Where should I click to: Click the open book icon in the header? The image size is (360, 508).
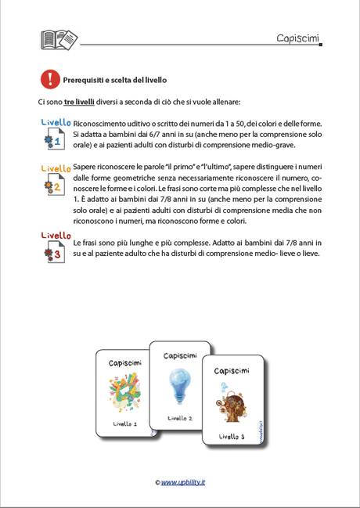tap(59, 39)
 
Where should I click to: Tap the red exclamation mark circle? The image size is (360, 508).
tap(50, 78)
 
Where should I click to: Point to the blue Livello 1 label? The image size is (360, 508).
tap(56, 123)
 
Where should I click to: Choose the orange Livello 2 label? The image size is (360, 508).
tap(56, 168)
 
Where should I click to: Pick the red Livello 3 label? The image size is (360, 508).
tap(56, 235)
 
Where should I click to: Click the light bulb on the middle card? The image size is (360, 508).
tap(178, 385)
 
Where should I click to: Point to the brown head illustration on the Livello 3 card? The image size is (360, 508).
tap(232, 402)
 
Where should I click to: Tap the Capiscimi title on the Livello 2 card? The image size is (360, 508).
tap(180, 356)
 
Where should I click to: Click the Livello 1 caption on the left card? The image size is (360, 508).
tap(124, 423)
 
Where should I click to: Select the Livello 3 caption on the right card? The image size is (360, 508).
tap(232, 436)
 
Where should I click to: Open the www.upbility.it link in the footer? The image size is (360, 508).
tap(182, 482)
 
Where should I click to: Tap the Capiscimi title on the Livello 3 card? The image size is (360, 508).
tap(232, 369)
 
